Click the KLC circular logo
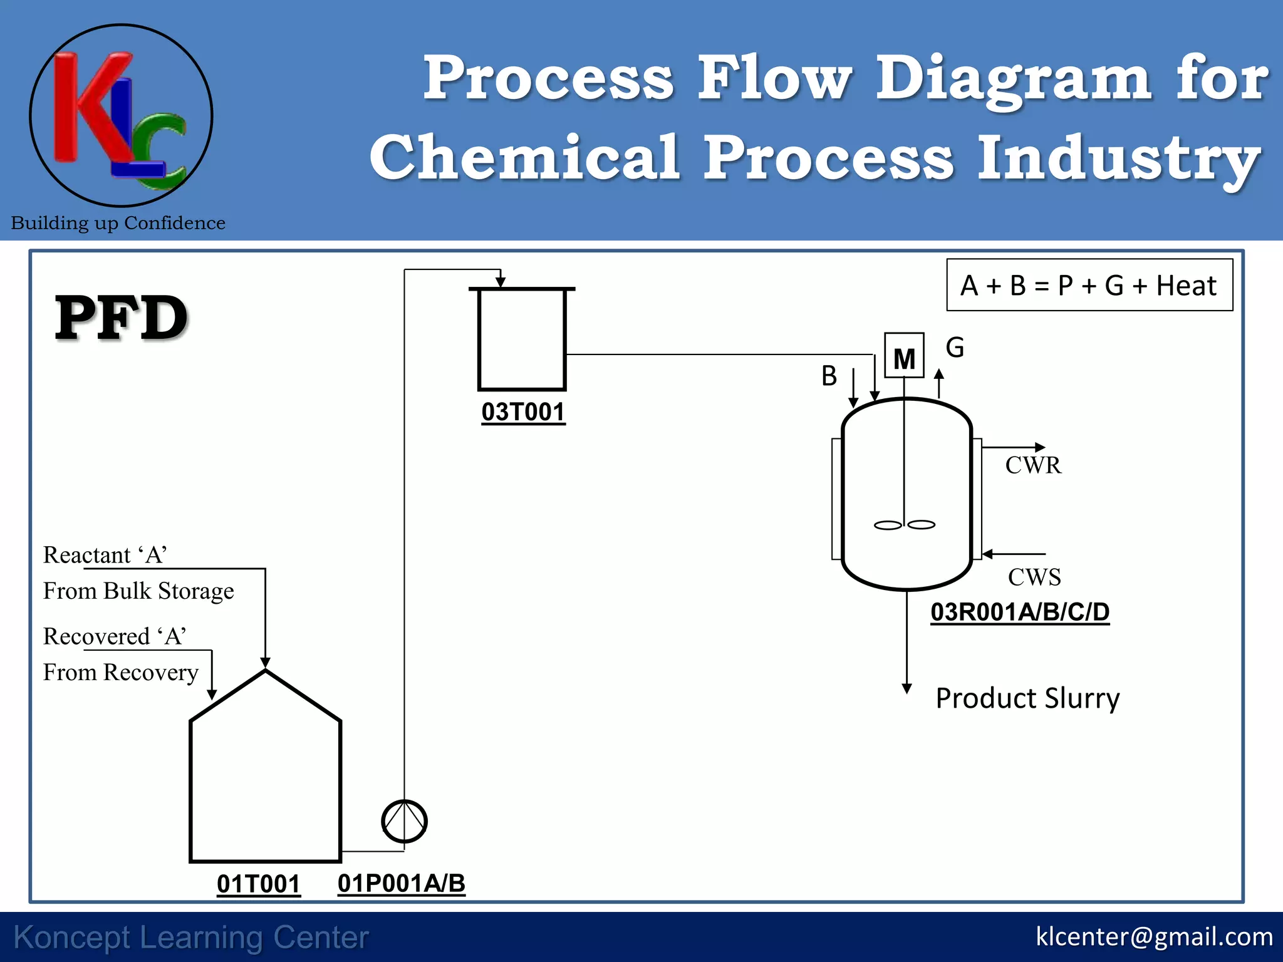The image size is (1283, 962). [x=121, y=116]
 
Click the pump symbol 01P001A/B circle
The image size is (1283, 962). [x=404, y=821]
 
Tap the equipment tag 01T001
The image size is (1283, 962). [x=258, y=884]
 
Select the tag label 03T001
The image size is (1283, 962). [x=523, y=412]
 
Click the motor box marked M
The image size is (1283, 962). [x=904, y=356]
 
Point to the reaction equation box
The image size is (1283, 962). [x=1089, y=286]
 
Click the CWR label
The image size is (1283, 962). [x=1033, y=465]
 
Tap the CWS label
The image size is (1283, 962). [x=1034, y=577]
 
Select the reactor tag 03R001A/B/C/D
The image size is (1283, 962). [x=1019, y=612]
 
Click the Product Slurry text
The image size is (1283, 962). [x=1027, y=698]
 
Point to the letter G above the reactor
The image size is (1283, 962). [x=955, y=348]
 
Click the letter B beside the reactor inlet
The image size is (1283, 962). [x=829, y=376]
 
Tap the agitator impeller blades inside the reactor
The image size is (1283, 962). [x=904, y=525]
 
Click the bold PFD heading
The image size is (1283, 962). [x=121, y=318]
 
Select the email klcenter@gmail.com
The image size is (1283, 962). [x=1154, y=937]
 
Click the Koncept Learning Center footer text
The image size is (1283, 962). [x=191, y=938]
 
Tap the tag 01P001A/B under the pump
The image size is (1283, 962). [x=401, y=883]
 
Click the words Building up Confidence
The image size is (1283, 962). [x=118, y=223]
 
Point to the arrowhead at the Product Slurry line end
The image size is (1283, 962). [x=906, y=688]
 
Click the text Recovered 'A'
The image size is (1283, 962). [x=115, y=636]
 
